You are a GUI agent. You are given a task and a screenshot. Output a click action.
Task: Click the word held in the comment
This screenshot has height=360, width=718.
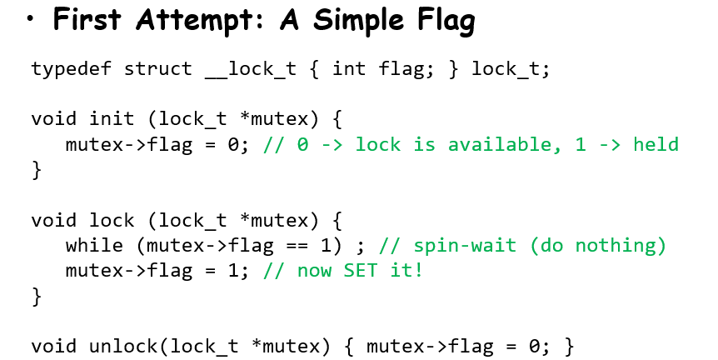656,144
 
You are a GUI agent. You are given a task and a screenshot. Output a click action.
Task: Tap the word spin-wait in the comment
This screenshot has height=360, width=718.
459,246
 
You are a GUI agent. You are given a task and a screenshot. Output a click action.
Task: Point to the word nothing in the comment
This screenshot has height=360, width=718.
616,246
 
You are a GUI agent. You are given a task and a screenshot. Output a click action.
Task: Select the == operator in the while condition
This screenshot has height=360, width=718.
297,245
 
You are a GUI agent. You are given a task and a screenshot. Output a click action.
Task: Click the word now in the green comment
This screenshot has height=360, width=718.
314,270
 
